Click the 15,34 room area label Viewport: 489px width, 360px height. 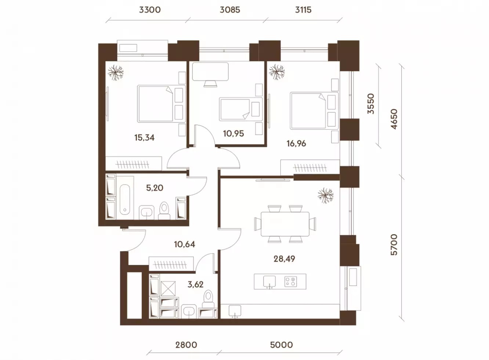(144, 138)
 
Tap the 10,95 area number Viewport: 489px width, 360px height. (233, 133)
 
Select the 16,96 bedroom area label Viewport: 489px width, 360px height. (296, 144)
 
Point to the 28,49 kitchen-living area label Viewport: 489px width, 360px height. (284, 259)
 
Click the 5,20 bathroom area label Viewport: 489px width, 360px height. (155, 188)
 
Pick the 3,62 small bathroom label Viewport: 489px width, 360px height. (195, 284)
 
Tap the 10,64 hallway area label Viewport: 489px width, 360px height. (184, 244)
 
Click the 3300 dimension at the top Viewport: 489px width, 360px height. (150, 10)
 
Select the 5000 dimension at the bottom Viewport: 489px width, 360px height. (281, 345)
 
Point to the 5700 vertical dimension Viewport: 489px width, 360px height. (394, 245)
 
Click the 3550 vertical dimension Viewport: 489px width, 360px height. (371, 104)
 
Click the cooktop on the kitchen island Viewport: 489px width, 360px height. (291, 282)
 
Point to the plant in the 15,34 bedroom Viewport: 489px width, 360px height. (116, 73)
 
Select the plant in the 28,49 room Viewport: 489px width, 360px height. (326, 195)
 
